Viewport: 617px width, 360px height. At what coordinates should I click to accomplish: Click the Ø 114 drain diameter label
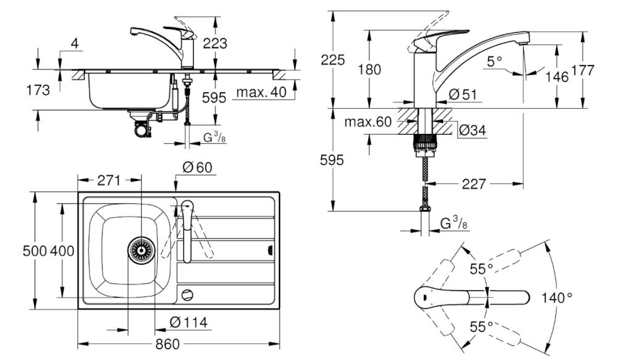tap(188, 322)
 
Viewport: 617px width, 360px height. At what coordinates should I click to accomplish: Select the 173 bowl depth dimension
tap(38, 91)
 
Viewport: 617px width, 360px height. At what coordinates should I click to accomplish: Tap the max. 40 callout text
tap(260, 93)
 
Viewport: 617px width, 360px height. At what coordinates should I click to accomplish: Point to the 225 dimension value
tap(333, 60)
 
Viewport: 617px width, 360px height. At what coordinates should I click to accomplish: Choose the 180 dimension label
tap(370, 69)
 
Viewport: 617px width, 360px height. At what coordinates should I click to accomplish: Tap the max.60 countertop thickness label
tap(369, 122)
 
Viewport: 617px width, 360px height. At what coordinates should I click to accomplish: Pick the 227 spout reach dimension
tap(474, 184)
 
